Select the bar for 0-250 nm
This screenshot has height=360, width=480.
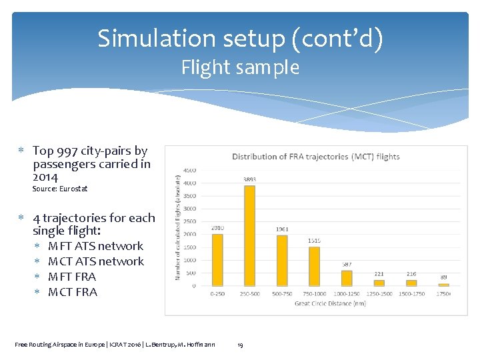click(217, 260)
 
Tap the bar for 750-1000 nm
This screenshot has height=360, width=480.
click(314, 266)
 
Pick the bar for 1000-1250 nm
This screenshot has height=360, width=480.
click(347, 278)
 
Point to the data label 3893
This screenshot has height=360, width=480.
click(249, 179)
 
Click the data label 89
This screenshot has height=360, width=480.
click(444, 277)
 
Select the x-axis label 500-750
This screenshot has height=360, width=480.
click(281, 294)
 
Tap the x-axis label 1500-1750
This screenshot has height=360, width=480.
click(411, 294)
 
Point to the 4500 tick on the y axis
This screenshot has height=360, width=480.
click(189, 170)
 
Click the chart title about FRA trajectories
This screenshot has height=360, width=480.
click(315, 157)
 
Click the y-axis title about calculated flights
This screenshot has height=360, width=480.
click(177, 227)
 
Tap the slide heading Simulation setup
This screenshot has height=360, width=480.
click(240, 39)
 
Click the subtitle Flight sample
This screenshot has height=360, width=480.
click(240, 67)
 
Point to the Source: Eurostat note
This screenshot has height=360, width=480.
click(60, 189)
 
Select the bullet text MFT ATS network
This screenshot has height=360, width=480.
click(95, 246)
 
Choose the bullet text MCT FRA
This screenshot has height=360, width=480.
click(73, 292)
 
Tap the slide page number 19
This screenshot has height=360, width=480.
click(240, 345)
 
